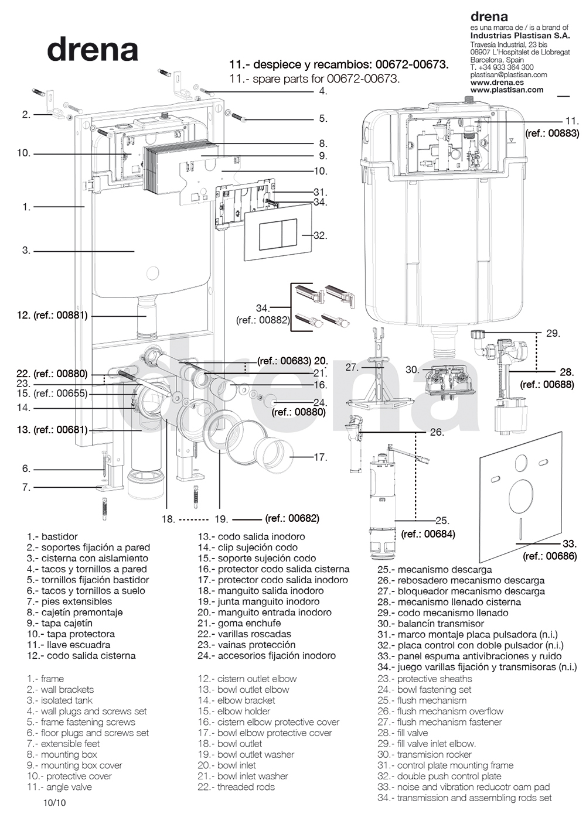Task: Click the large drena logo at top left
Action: pyautogui.click(x=93, y=50)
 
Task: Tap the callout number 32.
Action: pyautogui.click(x=320, y=235)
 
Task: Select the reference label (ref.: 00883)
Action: pyautogui.click(x=552, y=134)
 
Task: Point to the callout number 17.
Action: pyautogui.click(x=320, y=457)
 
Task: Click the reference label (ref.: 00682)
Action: pyautogui.click(x=292, y=518)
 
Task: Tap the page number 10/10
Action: pyautogui.click(x=54, y=802)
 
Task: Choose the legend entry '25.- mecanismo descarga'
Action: pyautogui.click(x=434, y=569)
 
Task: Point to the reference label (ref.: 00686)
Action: pyautogui.click(x=550, y=556)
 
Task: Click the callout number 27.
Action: pyautogui.click(x=352, y=368)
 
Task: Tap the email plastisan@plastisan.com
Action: pyautogui.click(x=508, y=75)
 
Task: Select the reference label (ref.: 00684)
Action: pyautogui.click(x=428, y=533)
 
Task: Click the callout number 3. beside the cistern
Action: pyautogui.click(x=26, y=250)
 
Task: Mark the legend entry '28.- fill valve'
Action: pyautogui.click(x=403, y=733)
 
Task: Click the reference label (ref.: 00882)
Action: pyautogui.click(x=263, y=320)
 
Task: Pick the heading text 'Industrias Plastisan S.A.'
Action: pyautogui.click(x=520, y=36)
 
